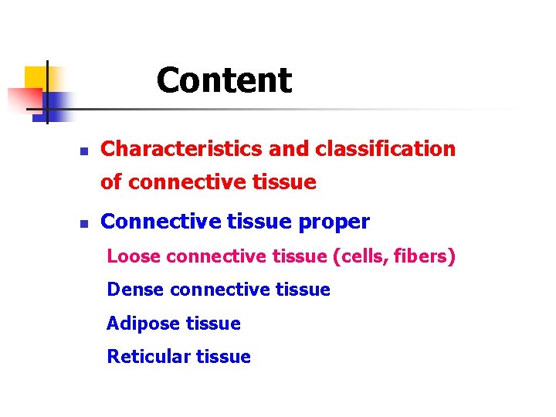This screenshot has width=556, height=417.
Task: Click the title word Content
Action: coord(224,80)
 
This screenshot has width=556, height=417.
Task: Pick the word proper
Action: coord(336,222)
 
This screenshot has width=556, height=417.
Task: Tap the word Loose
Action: coord(134,256)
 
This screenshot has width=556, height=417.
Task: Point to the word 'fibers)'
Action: coord(426,256)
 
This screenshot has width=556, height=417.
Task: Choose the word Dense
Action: coord(135,290)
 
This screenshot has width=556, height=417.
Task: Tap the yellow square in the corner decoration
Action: coord(36,77)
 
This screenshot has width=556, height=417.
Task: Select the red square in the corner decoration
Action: coord(23,99)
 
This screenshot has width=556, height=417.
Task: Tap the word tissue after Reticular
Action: coord(223,356)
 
